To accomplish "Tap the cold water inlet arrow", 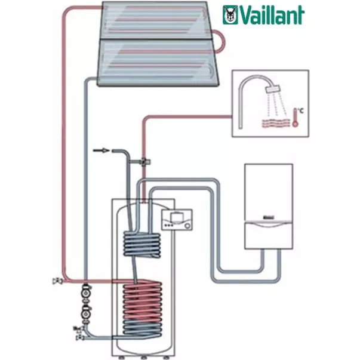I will tap(102, 152).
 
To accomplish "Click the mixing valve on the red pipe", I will tap(144, 160).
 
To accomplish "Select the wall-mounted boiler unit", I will tap(269, 206).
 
